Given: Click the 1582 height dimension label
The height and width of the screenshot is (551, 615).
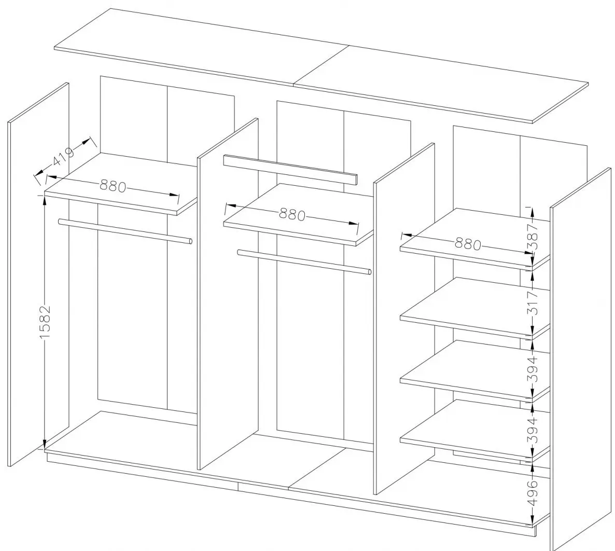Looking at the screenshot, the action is pyautogui.click(x=45, y=322).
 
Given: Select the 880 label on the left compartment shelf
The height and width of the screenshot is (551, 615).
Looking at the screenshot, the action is pyautogui.click(x=113, y=186).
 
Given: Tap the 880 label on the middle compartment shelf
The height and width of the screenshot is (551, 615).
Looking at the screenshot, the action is pyautogui.click(x=292, y=214).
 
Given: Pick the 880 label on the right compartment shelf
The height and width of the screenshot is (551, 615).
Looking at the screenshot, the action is pyautogui.click(x=468, y=244).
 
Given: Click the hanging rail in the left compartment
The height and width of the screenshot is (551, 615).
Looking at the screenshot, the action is pyautogui.click(x=125, y=231).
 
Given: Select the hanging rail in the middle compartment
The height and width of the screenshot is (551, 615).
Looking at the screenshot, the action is pyautogui.click(x=304, y=262).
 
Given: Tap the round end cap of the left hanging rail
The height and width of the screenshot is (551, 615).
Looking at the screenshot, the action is pyautogui.click(x=191, y=241).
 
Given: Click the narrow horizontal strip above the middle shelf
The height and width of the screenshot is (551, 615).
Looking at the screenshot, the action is pyautogui.click(x=290, y=170).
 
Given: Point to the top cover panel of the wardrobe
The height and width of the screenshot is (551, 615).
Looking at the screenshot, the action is pyautogui.click(x=321, y=65).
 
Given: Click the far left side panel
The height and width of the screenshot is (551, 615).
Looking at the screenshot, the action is pyautogui.click(x=38, y=274).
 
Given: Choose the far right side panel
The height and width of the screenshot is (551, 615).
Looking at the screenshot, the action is pyautogui.click(x=580, y=359).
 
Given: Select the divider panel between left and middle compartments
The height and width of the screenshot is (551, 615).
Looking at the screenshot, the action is pyautogui.click(x=228, y=294).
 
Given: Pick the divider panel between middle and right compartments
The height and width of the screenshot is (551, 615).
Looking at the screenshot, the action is pyautogui.click(x=404, y=318).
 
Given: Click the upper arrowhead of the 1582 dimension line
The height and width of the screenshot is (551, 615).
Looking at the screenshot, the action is pyautogui.click(x=44, y=200).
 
